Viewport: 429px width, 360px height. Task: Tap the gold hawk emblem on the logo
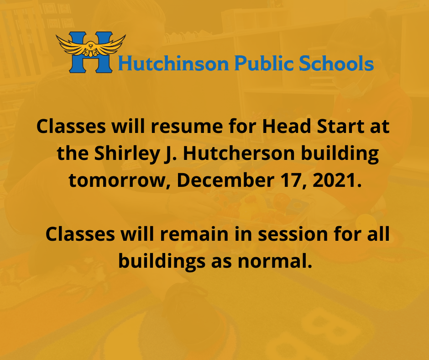91,46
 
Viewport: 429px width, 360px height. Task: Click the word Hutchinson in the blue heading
173,64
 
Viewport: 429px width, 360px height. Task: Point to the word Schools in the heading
336,64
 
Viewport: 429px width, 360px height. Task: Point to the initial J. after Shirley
167,154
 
